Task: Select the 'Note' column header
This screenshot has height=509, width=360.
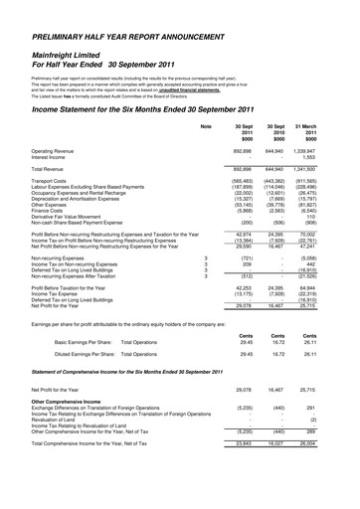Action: coord(206,126)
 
